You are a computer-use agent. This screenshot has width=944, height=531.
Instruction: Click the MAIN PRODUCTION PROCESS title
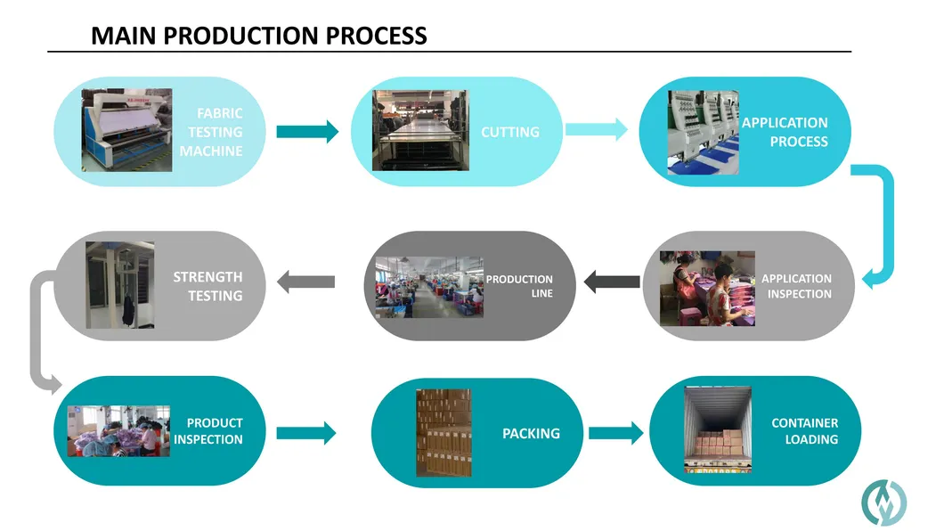click(x=259, y=36)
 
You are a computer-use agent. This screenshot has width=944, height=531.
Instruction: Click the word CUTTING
click(x=510, y=132)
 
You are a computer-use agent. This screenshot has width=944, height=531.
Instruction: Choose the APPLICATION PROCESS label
click(x=785, y=132)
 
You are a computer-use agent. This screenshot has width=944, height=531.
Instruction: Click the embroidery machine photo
click(x=704, y=132)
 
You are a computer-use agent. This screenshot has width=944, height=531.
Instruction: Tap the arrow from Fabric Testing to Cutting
click(x=307, y=132)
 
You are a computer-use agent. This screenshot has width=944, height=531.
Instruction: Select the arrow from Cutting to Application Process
click(x=596, y=130)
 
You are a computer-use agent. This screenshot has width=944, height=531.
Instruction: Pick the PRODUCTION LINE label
click(x=520, y=286)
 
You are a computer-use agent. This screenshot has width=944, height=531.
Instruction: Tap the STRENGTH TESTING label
click(x=208, y=286)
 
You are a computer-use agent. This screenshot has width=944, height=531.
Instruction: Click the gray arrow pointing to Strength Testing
click(x=306, y=282)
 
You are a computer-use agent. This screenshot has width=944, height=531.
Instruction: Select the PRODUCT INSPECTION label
click(x=209, y=431)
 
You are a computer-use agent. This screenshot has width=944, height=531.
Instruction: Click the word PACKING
click(x=531, y=433)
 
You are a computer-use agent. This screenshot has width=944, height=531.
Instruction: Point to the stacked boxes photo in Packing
click(x=444, y=432)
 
